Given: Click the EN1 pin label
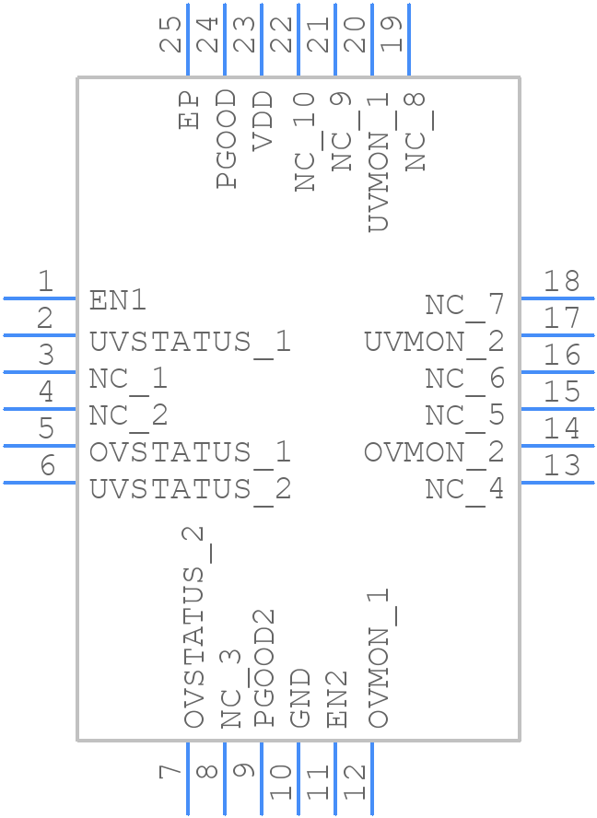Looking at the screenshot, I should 118,300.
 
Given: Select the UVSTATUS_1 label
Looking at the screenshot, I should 190,342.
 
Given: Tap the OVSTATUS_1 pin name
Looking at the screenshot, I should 190,452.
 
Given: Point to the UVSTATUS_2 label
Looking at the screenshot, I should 190,489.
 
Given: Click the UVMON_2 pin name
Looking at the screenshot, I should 434,342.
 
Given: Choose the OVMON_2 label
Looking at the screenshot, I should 434,452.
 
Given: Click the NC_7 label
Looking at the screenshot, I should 464,305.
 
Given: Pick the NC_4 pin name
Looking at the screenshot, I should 464,489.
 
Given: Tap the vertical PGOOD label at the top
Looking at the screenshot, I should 226,139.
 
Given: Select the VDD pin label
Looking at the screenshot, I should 263,120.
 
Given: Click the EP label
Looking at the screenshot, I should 190,110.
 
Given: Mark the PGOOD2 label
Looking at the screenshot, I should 264,678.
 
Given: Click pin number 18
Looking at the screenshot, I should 561,282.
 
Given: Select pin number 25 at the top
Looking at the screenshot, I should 171,35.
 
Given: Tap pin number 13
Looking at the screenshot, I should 561,466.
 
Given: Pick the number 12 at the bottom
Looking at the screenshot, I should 356,782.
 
